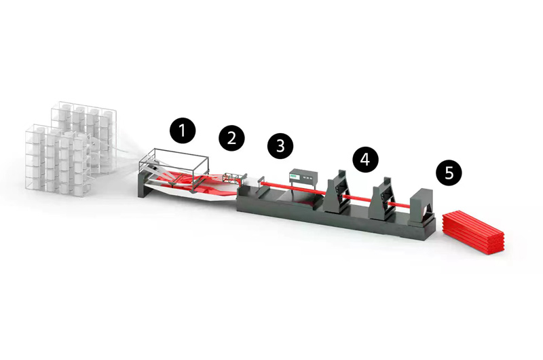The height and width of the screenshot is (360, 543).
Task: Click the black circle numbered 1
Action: pos(183,130)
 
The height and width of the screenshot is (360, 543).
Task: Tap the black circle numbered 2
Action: pos(231,138)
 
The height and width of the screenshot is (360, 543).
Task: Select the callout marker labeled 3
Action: pos(280,145)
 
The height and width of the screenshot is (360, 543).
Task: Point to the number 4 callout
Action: pos(365,159)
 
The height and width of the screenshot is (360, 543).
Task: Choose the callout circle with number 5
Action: pos(449,173)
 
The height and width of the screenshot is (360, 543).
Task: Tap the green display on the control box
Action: pos(295,177)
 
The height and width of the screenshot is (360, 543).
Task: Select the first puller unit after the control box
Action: pos(337,192)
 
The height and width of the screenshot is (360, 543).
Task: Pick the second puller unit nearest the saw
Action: pos(383,198)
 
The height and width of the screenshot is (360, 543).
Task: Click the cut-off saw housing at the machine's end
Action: pos(422,208)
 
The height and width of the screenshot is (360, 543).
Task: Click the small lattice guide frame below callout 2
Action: pos(232,179)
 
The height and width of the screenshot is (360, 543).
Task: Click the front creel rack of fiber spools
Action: pos(58,160)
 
